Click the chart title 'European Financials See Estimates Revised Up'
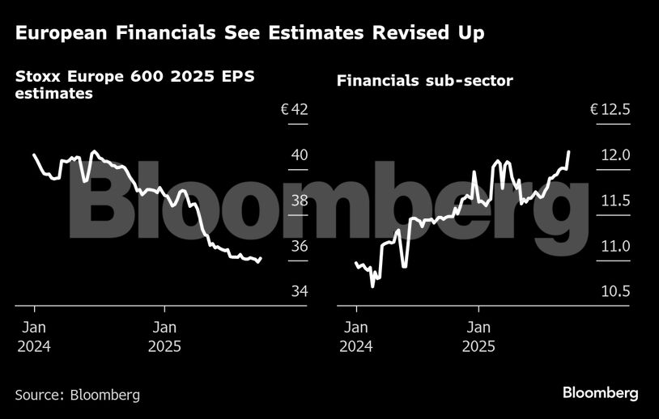click(249, 33)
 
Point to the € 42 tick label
click(295, 109)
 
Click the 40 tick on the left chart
click(300, 154)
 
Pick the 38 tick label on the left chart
click(300, 200)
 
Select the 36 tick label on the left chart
click(300, 246)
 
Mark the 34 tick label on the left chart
click(300, 291)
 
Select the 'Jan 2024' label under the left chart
click(34, 337)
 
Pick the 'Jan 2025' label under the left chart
click(164, 337)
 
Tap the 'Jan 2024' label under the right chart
click(356, 337)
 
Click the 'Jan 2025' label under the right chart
click(478, 337)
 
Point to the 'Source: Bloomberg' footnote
click(78, 395)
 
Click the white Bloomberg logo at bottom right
click(601, 393)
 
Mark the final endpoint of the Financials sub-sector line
click(569, 151)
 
